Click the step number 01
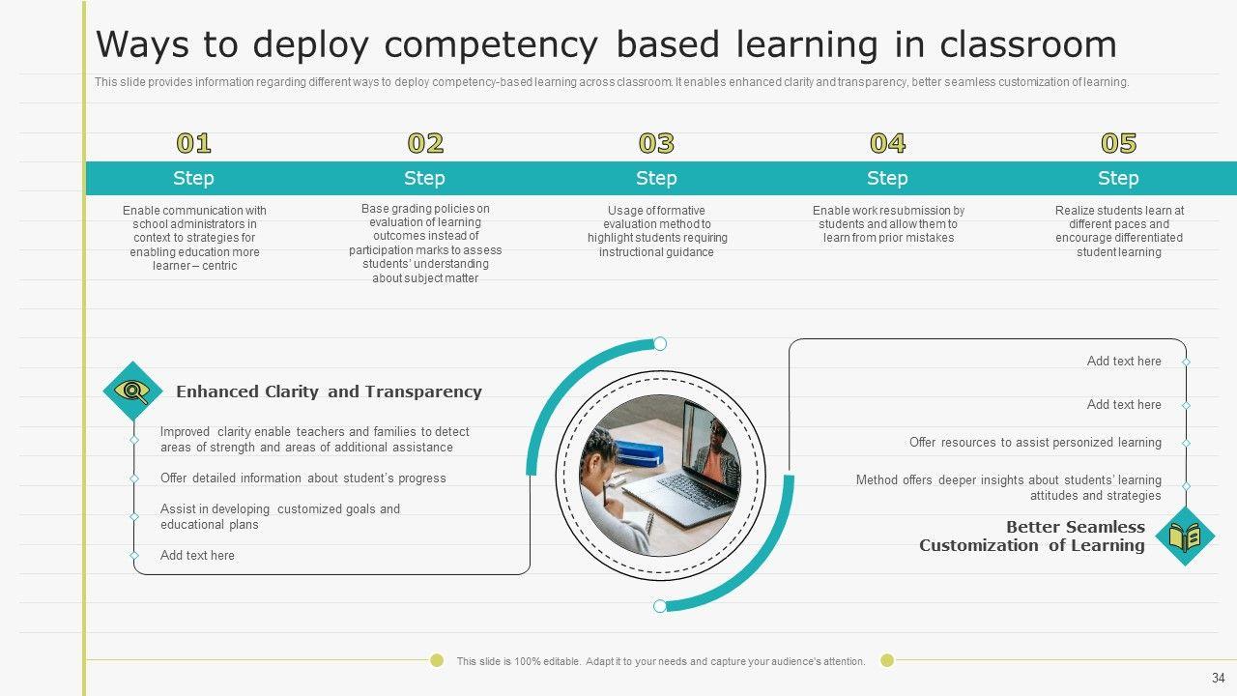coord(193,143)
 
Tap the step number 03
coord(656,143)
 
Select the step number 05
coord(1118,143)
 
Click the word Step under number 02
coord(424,179)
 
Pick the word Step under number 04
coord(887,179)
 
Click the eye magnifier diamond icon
coord(132,391)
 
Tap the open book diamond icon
coord(1185,536)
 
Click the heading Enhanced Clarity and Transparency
coord(329,391)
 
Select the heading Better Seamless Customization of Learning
coord(1031,536)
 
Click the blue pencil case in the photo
coord(640,453)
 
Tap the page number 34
coord(1219,678)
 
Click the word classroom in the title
coord(1027,44)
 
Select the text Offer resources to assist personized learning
coord(1035,443)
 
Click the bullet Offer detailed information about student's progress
coord(303,478)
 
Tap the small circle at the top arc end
coord(660,343)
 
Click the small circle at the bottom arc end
coord(660,606)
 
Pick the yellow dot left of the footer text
coord(437,660)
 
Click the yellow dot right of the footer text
coord(887,660)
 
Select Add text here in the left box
coord(197,555)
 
